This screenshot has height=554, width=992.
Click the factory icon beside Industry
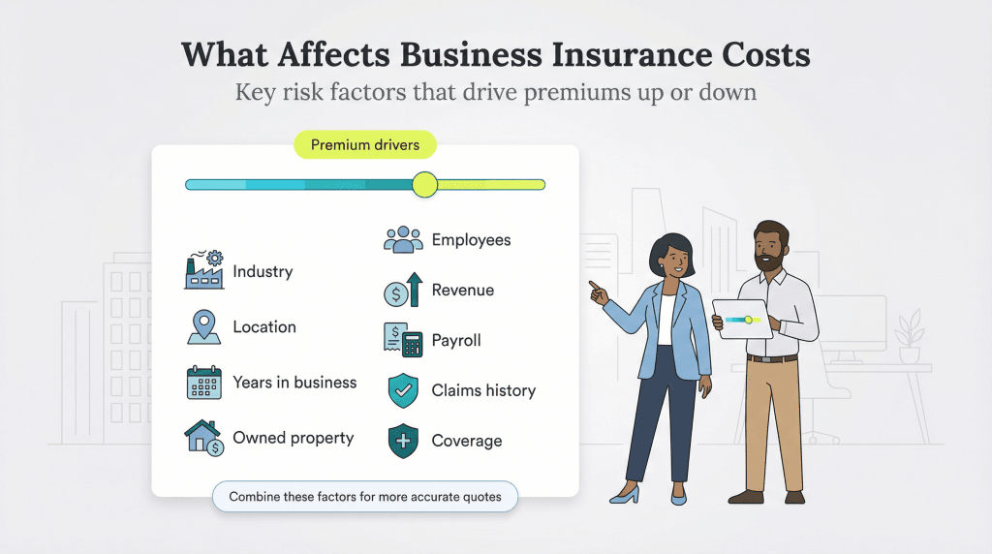204,271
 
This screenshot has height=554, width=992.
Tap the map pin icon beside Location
204,326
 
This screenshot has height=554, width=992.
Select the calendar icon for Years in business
204,383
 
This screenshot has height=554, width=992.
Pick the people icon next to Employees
403,239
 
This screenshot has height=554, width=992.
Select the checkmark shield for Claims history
403,390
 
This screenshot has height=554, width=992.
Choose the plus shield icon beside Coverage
403,441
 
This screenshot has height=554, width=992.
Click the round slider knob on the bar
424,184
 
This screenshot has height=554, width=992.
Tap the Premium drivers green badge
364,146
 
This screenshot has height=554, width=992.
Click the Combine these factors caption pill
365,497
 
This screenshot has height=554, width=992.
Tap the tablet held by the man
742,319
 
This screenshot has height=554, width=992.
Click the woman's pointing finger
592,285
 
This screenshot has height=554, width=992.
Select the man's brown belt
772,357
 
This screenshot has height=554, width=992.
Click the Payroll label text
456,340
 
